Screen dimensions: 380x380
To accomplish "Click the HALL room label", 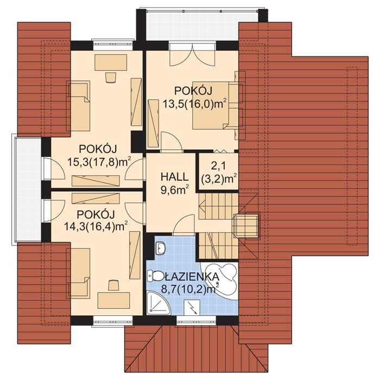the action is coord(174,176).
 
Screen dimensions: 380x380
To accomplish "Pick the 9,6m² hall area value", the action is coord(174,190).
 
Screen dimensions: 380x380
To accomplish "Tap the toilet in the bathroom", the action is coord(156,276).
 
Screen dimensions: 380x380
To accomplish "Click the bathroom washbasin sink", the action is coord(160,248).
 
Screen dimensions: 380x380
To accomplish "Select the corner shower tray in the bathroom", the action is coord(159,302).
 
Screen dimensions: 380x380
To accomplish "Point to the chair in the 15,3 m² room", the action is coord(111,77).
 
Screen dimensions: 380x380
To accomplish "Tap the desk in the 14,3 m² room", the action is coord(113,300).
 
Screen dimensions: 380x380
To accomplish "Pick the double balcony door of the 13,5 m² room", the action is coord(192,54).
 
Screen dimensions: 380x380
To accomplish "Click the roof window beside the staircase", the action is coord(246,226).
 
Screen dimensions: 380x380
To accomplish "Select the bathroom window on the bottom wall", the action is coord(196,321).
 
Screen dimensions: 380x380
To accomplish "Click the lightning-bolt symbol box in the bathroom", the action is coord(192,308).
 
